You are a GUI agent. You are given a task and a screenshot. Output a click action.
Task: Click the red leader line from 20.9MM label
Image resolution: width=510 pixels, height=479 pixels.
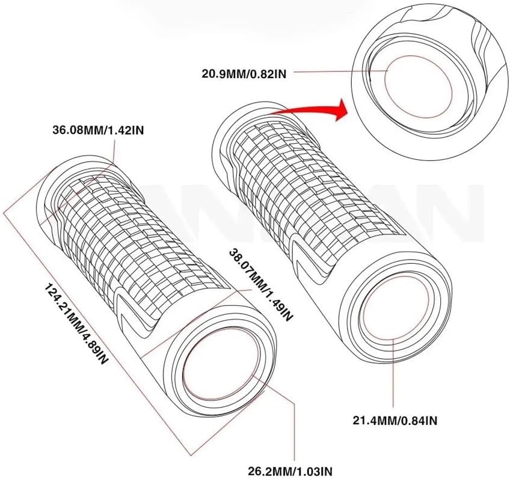click(x=337, y=72)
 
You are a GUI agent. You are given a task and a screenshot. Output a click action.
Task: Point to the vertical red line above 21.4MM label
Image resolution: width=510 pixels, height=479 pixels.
click(x=393, y=373)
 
